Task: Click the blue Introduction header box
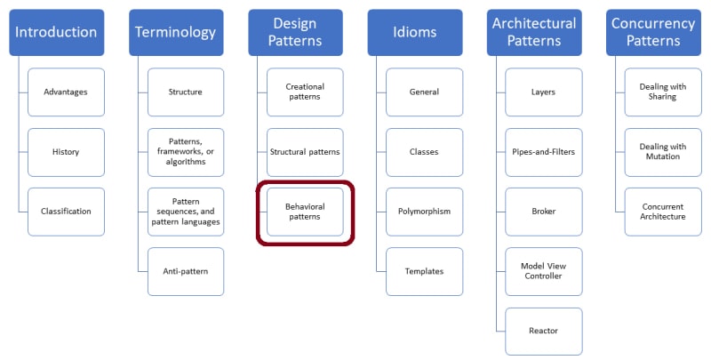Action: [56, 33]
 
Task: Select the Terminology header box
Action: [175, 33]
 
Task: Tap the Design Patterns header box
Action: [294, 33]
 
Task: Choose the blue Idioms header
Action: [414, 33]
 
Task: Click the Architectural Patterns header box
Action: [533, 33]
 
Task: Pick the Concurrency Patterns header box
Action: [652, 33]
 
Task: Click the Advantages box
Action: [66, 92]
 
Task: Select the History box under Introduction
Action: [66, 152]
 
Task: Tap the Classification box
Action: [66, 212]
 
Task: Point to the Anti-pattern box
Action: [185, 271]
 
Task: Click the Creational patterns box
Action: [305, 92]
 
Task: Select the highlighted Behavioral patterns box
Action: [305, 212]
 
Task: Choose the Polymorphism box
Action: [424, 212]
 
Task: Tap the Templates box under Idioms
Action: [424, 271]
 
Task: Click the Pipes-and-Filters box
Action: [543, 152]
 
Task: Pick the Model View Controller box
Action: [543, 271]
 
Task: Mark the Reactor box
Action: [543, 331]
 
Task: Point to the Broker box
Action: [543, 212]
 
